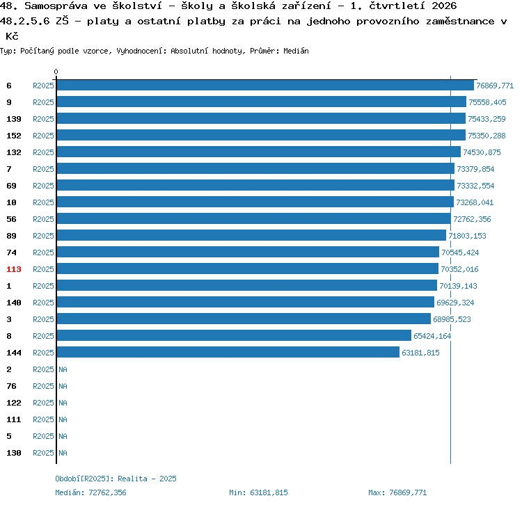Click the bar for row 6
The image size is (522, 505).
tap(265, 86)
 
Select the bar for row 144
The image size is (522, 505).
tap(228, 352)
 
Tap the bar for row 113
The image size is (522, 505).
tap(248, 268)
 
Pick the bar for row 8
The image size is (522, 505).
tap(234, 336)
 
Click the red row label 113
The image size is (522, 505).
tap(14, 269)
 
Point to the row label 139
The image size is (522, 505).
tap(14, 119)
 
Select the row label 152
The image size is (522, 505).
tap(14, 136)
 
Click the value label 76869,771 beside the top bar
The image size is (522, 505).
tap(495, 86)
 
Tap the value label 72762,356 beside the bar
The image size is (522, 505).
tap(472, 219)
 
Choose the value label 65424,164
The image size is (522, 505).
tap(432, 336)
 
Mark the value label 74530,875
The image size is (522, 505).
tap(482, 152)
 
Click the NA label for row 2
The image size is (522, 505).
tap(63, 369)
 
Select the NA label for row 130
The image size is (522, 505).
tap(63, 453)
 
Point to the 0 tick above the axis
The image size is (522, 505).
tap(56, 72)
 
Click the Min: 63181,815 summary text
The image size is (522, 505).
tap(258, 492)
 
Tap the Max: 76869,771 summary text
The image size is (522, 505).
tap(397, 492)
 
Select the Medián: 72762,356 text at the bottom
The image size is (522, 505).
tap(90, 492)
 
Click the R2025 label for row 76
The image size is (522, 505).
tap(43, 386)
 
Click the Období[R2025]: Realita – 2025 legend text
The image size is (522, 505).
tap(116, 479)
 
